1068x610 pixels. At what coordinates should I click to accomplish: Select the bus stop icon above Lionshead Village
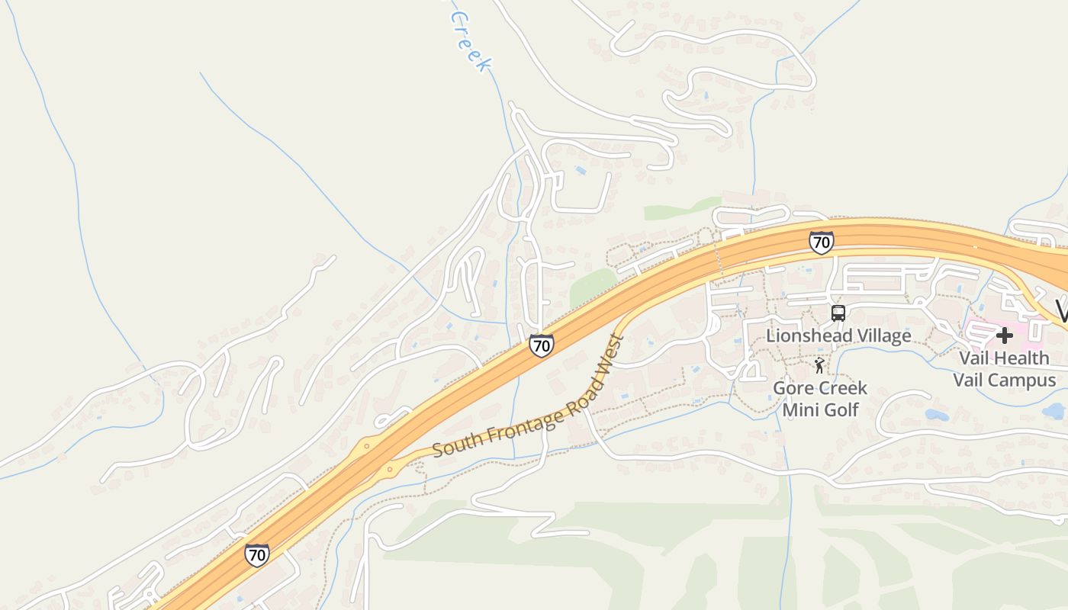click(838, 313)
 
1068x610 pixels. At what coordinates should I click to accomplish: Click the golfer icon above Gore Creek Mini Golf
click(819, 365)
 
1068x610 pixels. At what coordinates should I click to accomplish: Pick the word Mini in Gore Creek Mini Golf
click(801, 409)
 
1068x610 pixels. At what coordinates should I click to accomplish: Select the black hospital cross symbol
click(1004, 335)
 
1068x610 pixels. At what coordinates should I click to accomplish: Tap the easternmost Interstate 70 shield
click(821, 242)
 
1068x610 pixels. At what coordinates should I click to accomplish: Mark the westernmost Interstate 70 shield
click(257, 554)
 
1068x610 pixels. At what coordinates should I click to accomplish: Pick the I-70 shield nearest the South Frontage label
click(541, 345)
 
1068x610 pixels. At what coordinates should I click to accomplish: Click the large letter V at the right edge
click(1061, 311)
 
